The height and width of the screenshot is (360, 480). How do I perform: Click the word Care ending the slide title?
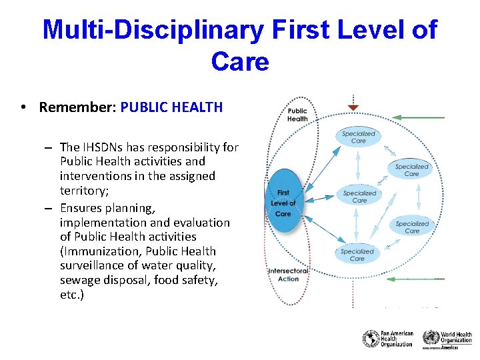tap(240, 61)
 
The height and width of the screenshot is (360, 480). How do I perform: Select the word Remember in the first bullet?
tap(75, 107)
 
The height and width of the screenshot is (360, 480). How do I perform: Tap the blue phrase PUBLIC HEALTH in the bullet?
tap(171, 107)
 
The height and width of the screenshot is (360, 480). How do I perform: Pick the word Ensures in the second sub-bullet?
tap(81, 208)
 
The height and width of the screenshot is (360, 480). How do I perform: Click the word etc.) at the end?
tap(72, 295)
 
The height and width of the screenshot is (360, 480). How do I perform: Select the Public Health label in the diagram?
tap(297, 115)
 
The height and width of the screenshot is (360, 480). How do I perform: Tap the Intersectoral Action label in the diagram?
tap(289, 275)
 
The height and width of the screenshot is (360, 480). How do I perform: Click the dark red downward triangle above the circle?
tap(353, 107)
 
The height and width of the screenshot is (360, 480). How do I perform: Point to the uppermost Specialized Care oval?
tap(359, 137)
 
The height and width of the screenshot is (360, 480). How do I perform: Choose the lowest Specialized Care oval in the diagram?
tap(357, 254)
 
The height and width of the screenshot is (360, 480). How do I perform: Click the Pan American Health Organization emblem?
tap(371, 339)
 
